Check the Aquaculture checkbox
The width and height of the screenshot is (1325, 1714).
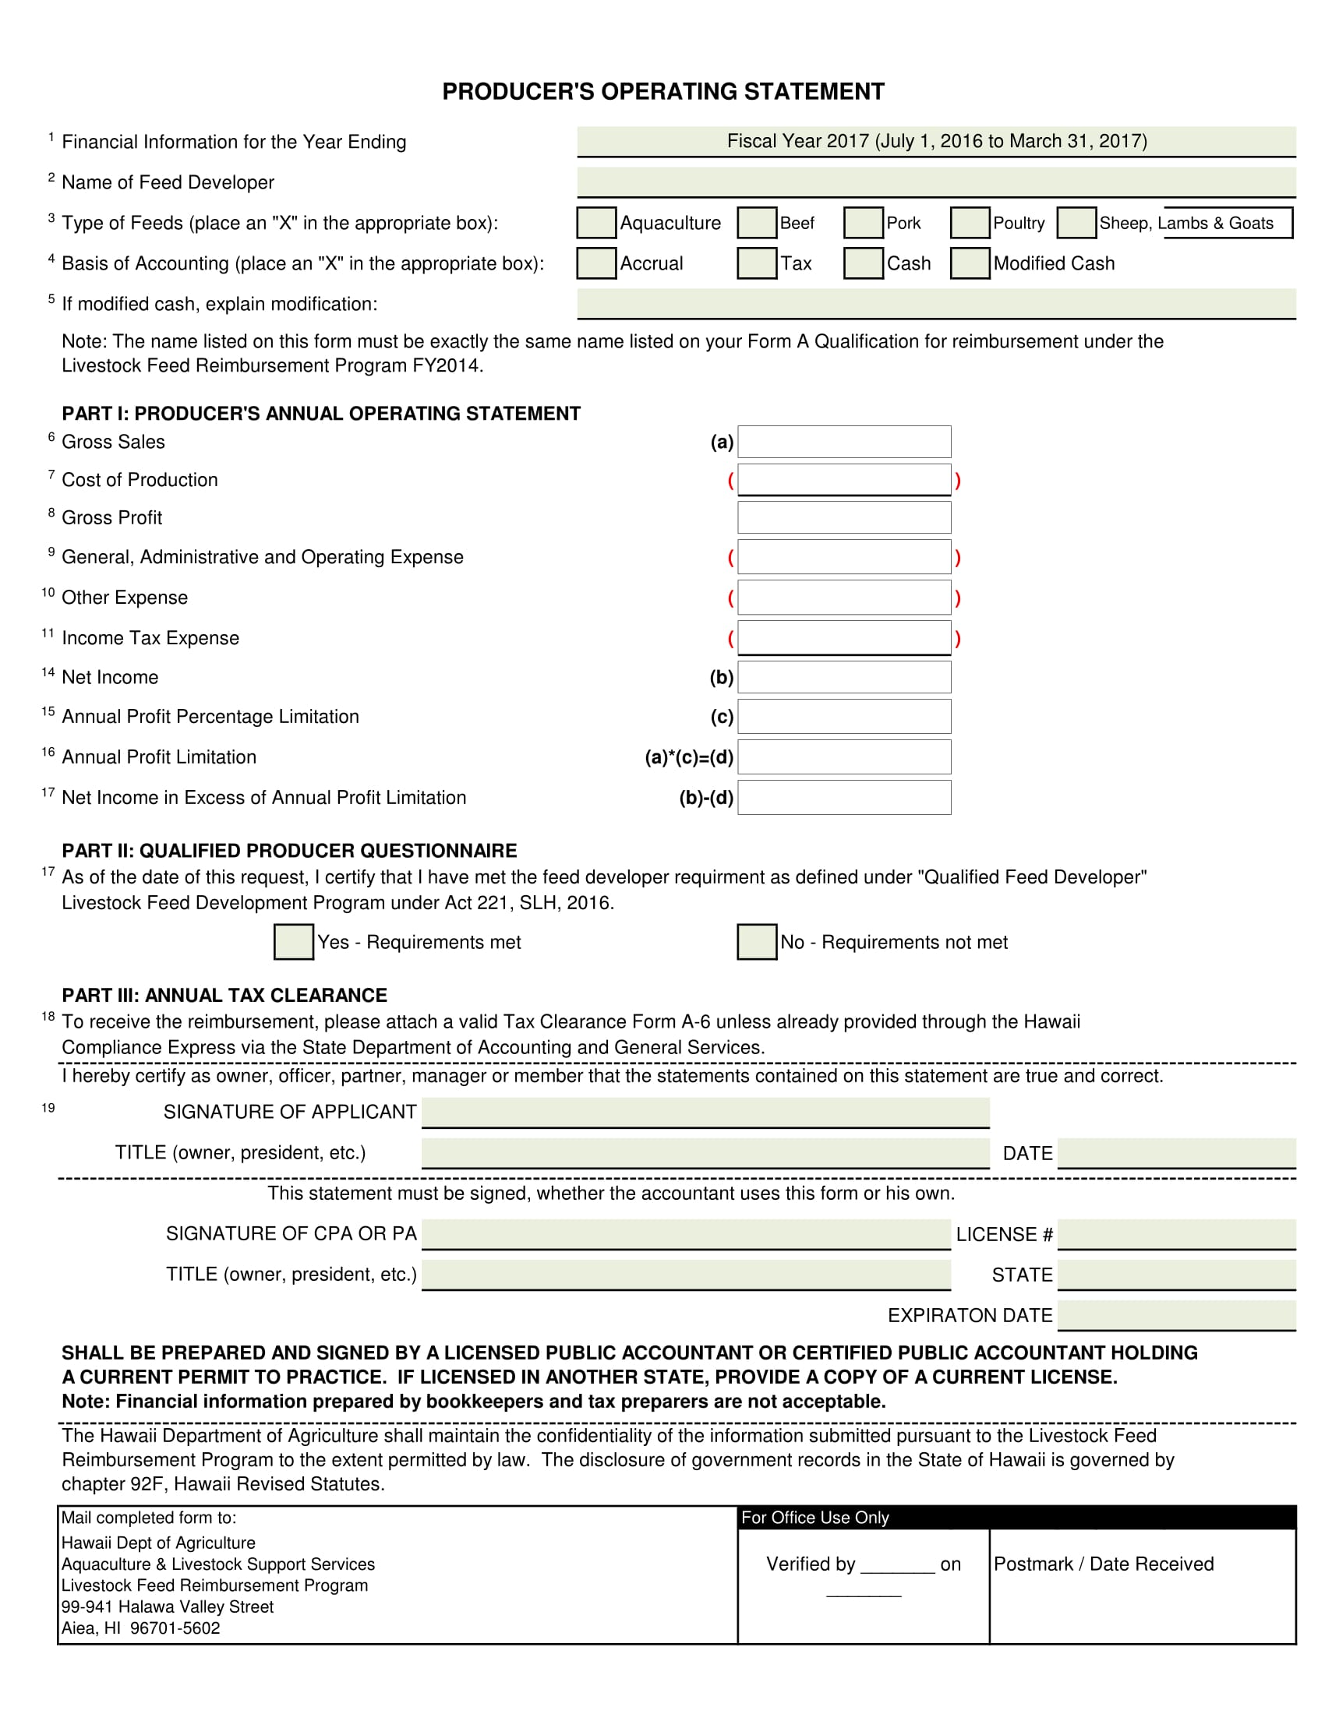[595, 223]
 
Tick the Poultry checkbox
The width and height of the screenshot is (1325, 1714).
[970, 223]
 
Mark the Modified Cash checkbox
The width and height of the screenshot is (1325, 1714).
[970, 263]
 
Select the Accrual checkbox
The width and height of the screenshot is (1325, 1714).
[595, 263]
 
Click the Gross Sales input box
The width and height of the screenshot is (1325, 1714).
[844, 442]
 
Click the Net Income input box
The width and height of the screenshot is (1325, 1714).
[844, 677]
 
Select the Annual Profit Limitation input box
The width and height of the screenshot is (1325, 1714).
[844, 757]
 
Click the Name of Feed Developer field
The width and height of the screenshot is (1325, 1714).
[935, 182]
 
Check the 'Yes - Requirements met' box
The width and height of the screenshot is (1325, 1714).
[294, 942]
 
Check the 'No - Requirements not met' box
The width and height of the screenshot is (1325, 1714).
[757, 942]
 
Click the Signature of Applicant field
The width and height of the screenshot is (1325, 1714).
[705, 1112]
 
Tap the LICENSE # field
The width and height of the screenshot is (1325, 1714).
[1176, 1234]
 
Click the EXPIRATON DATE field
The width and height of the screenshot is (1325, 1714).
[1176, 1314]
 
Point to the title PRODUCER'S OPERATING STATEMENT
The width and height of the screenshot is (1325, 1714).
[663, 92]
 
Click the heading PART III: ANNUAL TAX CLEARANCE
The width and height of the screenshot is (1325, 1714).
[224, 995]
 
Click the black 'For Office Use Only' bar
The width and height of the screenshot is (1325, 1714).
[1016, 1517]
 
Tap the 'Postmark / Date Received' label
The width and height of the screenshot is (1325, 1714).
[1103, 1564]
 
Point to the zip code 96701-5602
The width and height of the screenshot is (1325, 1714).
[175, 1628]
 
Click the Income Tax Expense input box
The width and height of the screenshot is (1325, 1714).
[844, 637]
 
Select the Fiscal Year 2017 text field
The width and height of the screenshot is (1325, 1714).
[935, 141]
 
